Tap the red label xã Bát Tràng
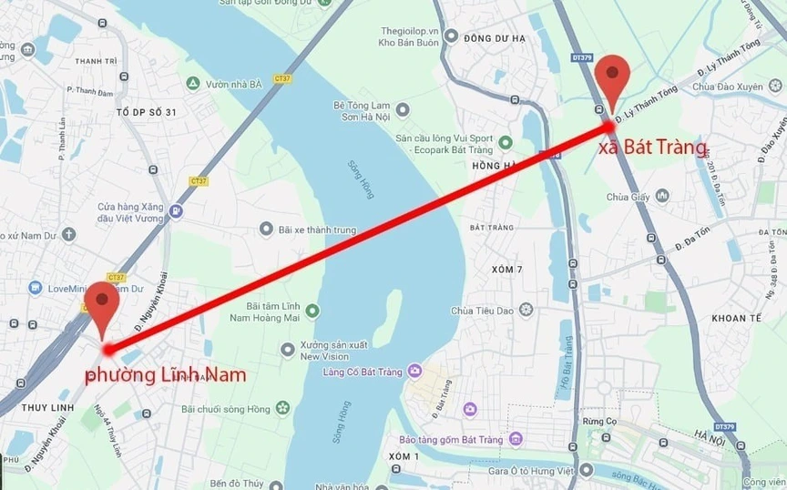[652, 147]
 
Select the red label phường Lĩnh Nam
[165, 374]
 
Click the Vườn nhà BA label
[234, 84]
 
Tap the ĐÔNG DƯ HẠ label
[495, 38]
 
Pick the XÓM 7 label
[506, 270]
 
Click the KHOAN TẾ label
[735, 318]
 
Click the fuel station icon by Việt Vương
[176, 211]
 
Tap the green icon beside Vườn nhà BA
[192, 84]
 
